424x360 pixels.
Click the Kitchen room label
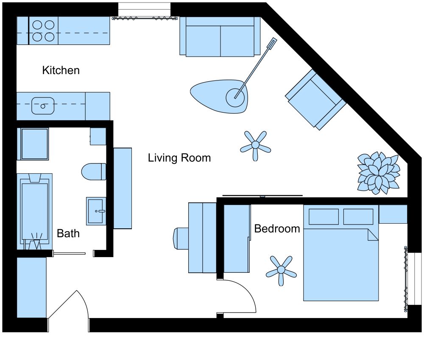(61, 70)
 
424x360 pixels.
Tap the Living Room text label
(179, 158)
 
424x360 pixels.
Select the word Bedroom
(277, 229)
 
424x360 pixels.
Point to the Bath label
(68, 233)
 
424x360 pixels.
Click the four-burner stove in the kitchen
(44, 31)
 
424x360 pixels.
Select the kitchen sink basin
(43, 106)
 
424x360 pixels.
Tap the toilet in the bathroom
(93, 171)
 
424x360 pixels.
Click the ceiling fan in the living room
(255, 145)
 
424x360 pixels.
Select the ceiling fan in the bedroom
(281, 270)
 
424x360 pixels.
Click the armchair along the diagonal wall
(316, 100)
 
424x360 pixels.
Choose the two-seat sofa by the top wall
(220, 37)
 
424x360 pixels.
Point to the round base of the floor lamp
(235, 97)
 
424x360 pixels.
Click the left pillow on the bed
(324, 216)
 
